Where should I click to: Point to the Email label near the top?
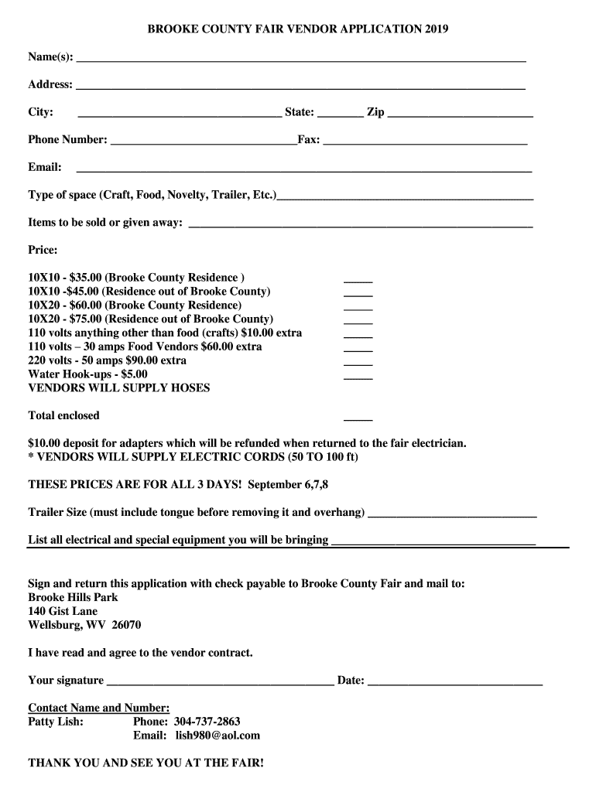(45, 168)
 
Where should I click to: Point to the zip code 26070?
(126, 626)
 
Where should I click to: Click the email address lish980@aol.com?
(218, 736)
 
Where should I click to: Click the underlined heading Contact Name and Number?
(98, 708)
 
